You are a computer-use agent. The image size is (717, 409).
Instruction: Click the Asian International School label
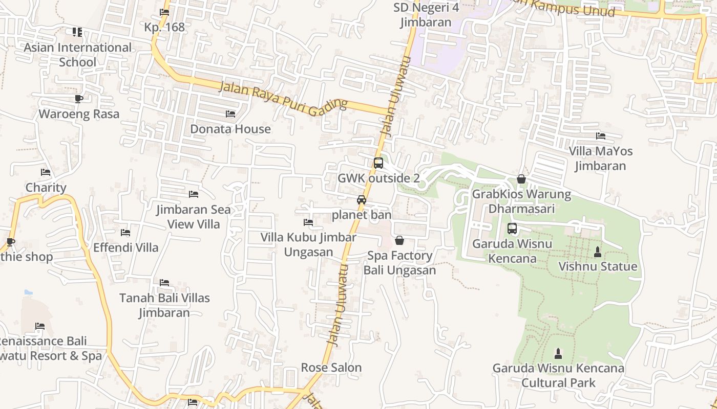78,55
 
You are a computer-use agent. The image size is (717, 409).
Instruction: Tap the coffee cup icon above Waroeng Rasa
78,99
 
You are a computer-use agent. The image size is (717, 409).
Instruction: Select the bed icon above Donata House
230,114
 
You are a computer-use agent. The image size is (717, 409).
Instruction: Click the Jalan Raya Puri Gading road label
283,97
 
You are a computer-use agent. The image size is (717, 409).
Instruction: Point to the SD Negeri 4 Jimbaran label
426,15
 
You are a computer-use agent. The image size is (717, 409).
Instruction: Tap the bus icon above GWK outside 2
378,163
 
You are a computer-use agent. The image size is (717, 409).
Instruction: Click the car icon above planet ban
362,200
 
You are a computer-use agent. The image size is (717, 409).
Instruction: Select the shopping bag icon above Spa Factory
399,240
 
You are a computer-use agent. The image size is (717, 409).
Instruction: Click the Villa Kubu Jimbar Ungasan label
308,245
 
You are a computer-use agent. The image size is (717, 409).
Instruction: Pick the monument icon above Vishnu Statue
597,252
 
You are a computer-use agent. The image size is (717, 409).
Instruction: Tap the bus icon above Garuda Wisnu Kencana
512,229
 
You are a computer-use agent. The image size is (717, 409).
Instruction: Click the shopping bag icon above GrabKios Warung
521,179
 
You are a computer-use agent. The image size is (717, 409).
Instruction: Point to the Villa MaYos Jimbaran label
600,158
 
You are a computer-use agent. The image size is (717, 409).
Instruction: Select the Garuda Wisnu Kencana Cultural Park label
558,375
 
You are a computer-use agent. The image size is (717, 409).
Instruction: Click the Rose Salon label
331,368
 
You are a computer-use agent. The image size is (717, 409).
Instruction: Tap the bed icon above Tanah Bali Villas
164,283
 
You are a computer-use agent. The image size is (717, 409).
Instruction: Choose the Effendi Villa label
126,248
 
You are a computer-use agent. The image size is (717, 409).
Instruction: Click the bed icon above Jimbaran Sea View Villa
194,194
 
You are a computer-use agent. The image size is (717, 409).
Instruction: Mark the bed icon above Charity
46,173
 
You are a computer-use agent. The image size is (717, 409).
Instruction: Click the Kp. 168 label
164,27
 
